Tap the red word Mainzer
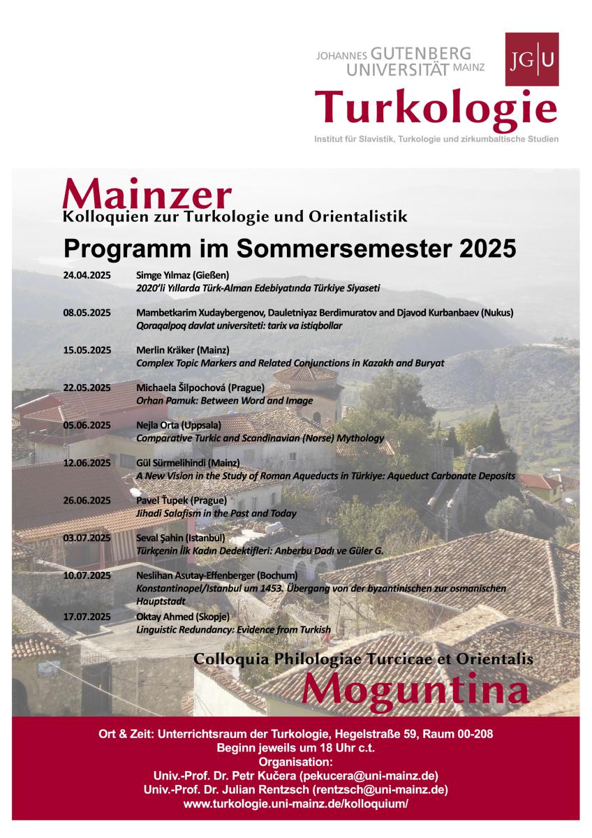[x=147, y=193]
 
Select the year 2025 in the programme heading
[x=482, y=248]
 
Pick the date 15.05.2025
[x=87, y=350]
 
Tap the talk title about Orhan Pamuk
[x=224, y=401]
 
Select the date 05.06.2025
[x=87, y=425]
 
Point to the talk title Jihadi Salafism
[x=216, y=513]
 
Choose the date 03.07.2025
[x=87, y=538]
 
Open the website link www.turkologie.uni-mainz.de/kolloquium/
[x=295, y=804]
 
